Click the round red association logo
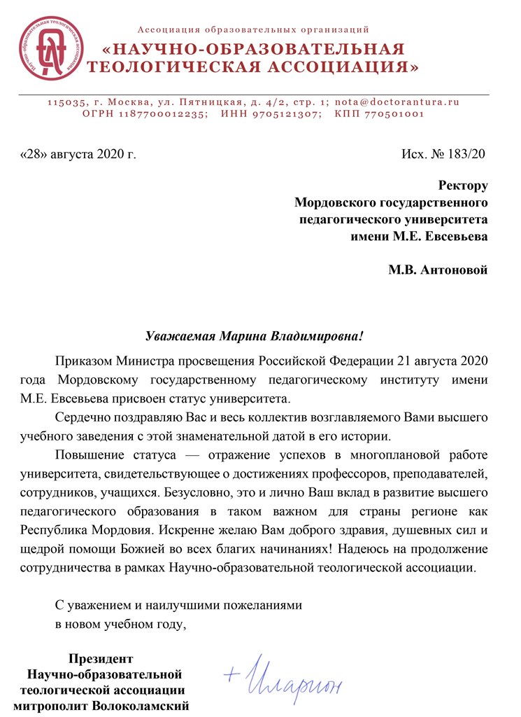(x=48, y=48)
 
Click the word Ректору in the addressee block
(x=462, y=186)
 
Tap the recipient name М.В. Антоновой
(x=438, y=270)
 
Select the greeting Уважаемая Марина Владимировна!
(x=255, y=335)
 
